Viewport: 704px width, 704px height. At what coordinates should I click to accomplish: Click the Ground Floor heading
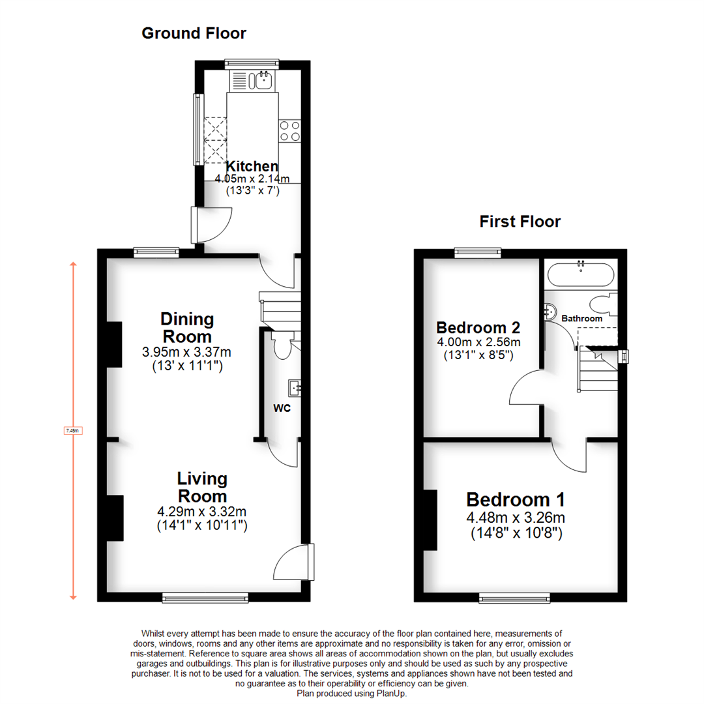[194, 33]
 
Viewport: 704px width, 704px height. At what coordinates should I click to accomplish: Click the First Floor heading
[520, 222]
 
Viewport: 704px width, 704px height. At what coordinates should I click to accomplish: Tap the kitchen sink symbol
[264, 80]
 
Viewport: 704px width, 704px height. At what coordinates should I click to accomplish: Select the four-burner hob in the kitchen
[289, 131]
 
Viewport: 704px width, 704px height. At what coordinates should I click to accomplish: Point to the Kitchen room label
[252, 166]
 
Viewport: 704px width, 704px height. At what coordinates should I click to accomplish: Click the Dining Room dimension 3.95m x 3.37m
[187, 352]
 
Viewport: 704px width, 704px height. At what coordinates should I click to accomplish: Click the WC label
[282, 409]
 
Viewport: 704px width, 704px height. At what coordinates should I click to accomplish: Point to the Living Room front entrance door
[295, 561]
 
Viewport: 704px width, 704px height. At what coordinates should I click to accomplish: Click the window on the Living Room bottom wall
[205, 596]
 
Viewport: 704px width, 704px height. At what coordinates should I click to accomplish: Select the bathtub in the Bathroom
[580, 274]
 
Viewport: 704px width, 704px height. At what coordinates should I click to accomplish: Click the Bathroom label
[582, 319]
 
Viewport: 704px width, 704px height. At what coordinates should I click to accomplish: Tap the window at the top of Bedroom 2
[478, 252]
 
